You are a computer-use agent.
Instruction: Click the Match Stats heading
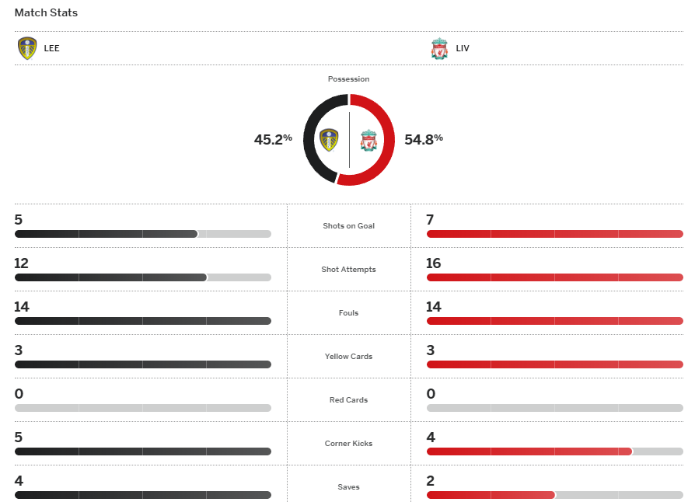coord(46,13)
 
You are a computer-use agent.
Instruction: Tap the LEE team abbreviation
coord(52,48)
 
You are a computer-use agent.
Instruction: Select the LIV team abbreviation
coord(463,48)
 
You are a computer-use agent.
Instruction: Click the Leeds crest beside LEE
coord(27,48)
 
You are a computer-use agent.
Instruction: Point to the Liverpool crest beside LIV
coord(439,49)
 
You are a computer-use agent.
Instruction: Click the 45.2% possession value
coord(273,139)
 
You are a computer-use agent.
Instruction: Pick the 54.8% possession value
coord(424,139)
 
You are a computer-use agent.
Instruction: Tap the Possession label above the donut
coord(348,79)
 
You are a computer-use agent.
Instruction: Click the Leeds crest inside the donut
coord(329,140)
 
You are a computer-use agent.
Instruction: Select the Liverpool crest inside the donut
coord(368,141)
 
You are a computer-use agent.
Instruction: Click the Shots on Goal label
coord(348,226)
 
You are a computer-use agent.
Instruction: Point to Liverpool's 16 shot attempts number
coord(433,263)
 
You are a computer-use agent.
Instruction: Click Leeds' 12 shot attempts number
coord(21,263)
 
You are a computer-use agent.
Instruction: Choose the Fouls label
coord(348,313)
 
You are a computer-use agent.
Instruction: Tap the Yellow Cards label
coord(348,357)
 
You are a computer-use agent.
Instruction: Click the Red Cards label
coord(348,400)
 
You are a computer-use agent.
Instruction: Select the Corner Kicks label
coord(348,444)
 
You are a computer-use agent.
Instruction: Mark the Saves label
coord(348,487)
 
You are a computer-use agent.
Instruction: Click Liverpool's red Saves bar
coord(490,495)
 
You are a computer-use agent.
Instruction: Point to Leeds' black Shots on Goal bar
coord(106,234)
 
